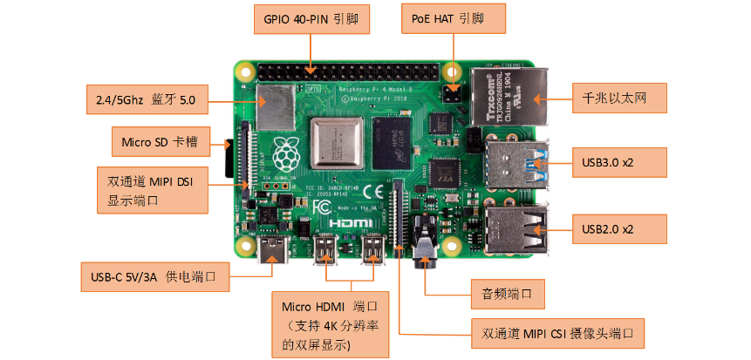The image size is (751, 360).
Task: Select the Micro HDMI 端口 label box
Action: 330,323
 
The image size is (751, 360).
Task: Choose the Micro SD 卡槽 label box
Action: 160,140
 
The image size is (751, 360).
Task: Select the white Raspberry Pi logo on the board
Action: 284,154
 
